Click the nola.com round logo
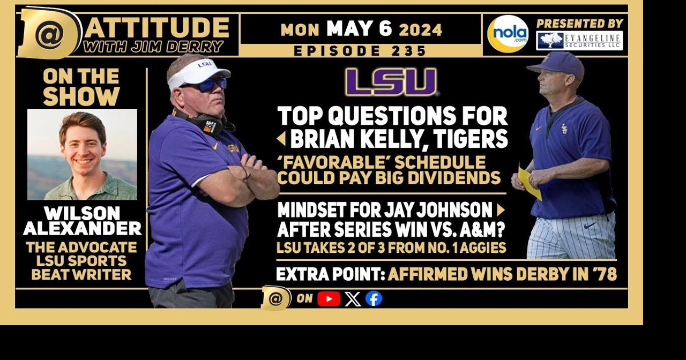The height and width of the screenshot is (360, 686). click(x=508, y=34)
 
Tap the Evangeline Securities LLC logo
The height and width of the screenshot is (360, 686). click(x=579, y=41)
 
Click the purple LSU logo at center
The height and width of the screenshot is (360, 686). click(x=391, y=82)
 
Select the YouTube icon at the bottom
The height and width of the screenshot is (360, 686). click(x=329, y=298)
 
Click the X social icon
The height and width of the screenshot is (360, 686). click(x=353, y=298)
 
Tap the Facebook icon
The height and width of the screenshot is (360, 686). click(x=374, y=298)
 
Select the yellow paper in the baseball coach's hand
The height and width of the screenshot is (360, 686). click(x=528, y=183)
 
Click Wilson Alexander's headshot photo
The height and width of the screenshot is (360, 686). click(x=82, y=154)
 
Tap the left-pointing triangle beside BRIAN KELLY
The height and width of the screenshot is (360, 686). click(x=281, y=139)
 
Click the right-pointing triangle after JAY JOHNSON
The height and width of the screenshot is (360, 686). click(x=501, y=209)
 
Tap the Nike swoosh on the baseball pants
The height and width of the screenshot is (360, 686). click(x=590, y=226)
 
